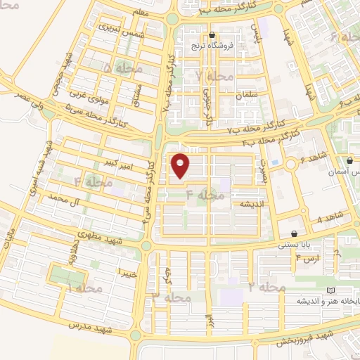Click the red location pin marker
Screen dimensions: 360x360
click(x=181, y=166)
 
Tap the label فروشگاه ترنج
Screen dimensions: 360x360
click(x=212, y=46)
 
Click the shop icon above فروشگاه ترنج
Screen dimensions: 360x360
click(x=212, y=35)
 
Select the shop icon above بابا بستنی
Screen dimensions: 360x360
click(x=294, y=234)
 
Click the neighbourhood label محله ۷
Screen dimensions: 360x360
click(x=214, y=75)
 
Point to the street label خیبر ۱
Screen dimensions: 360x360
click(x=127, y=271)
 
